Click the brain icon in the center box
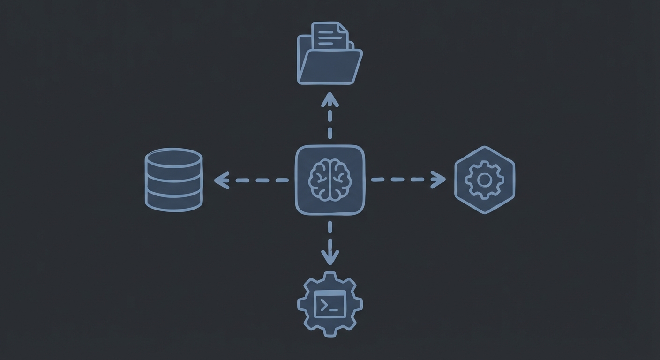pyautogui.click(x=330, y=180)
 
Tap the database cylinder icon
pyautogui.click(x=173, y=180)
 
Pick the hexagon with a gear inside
pyautogui.click(x=485, y=180)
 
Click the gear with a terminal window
pyautogui.click(x=330, y=303)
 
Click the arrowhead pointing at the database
pyautogui.click(x=220, y=180)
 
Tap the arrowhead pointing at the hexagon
pyautogui.click(x=439, y=180)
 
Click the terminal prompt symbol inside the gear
pyautogui.click(x=324, y=305)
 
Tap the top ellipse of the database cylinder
pyautogui.click(x=173, y=157)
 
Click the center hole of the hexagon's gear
pyautogui.click(x=485, y=180)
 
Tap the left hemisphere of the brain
pyautogui.click(x=320, y=180)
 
